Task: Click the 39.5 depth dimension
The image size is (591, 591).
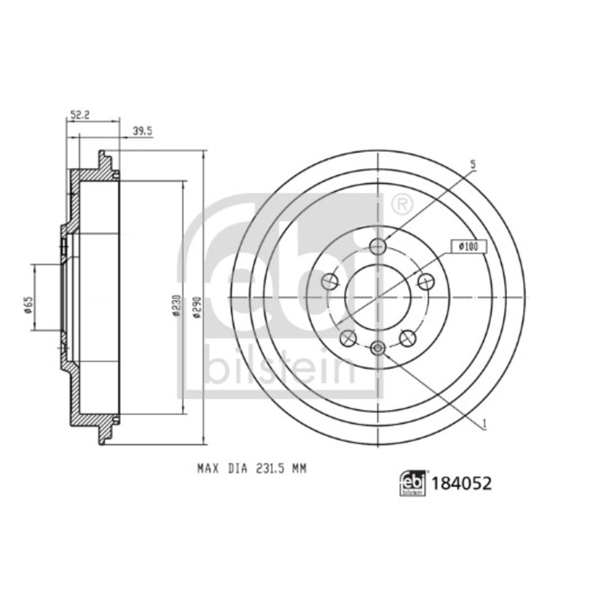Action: click(x=142, y=131)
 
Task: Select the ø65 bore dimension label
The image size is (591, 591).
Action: click(x=29, y=305)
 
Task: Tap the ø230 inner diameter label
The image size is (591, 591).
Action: click(x=175, y=305)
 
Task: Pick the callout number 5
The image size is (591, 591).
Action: click(x=473, y=164)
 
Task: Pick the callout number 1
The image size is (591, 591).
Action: click(x=485, y=424)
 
